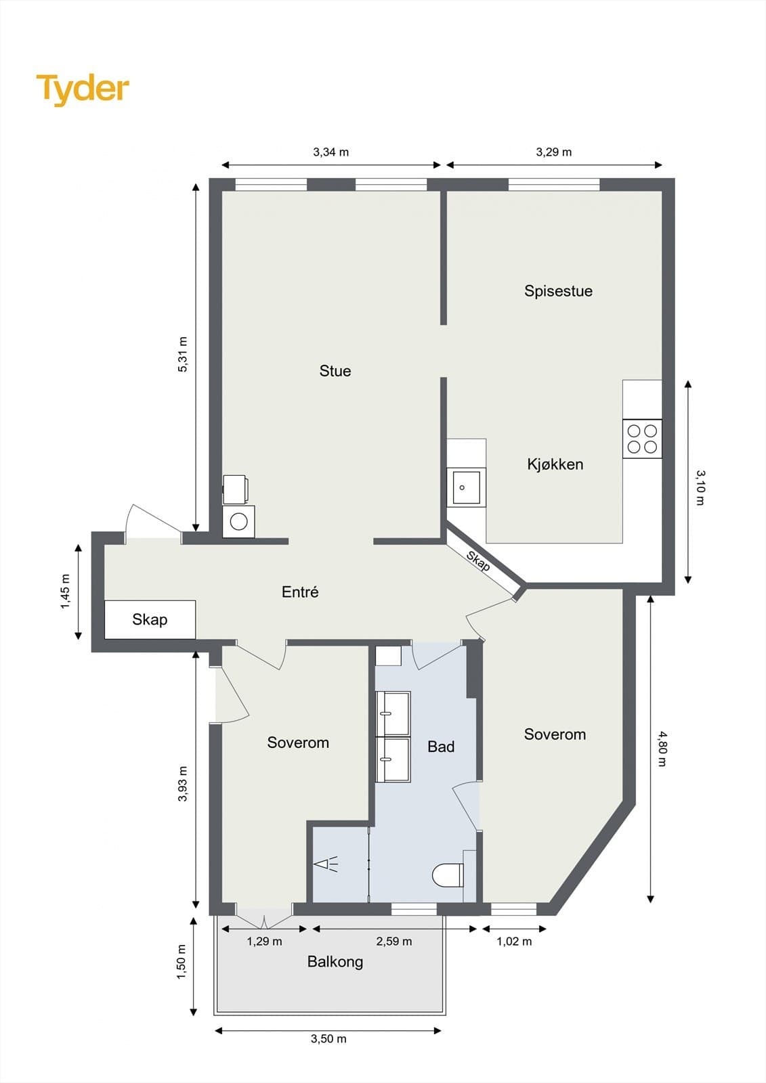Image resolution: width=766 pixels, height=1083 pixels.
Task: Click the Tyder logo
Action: coord(83,90)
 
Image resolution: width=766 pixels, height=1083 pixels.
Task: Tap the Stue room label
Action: coord(335,371)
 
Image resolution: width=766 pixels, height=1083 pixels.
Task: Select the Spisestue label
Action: coord(558,291)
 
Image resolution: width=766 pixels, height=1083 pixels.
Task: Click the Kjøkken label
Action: coord(555,464)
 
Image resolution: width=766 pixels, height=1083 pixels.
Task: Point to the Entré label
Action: coord(300,592)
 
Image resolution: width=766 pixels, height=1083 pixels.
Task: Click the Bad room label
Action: coord(441,747)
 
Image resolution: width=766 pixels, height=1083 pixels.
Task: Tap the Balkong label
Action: coord(335,961)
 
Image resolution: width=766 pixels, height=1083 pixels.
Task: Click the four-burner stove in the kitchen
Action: coord(642,439)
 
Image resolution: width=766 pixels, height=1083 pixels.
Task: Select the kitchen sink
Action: coord(466,487)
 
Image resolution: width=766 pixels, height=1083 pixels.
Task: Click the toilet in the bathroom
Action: coord(448,876)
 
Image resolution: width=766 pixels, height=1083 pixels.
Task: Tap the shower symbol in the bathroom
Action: coord(326,864)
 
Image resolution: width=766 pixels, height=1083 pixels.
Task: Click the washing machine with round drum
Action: coord(238,522)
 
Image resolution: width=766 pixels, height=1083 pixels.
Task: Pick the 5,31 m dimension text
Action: coord(182,355)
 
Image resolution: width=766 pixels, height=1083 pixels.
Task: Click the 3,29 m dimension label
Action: coord(553,152)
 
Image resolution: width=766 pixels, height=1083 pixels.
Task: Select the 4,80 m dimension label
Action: coord(662,749)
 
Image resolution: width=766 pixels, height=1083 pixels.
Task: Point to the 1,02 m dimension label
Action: coord(514,942)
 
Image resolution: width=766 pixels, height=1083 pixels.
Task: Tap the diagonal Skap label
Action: coord(477,561)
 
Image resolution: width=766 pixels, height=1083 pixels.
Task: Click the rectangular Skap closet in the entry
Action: coord(150,620)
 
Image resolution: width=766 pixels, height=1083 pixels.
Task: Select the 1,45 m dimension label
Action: coord(65,592)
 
